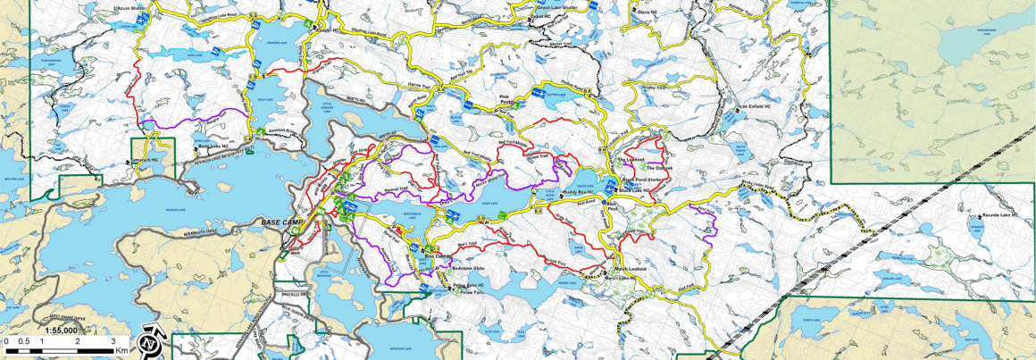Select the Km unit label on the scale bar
121,350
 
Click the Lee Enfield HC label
756,106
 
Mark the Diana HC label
648,13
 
